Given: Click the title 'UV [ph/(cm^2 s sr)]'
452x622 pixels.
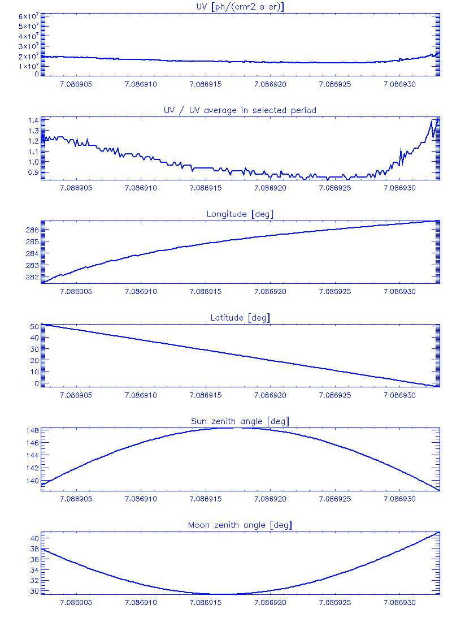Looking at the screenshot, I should [x=240, y=6].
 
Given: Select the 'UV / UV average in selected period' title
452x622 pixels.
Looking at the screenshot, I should [x=240, y=110].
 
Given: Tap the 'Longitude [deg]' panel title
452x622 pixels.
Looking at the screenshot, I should [x=240, y=214].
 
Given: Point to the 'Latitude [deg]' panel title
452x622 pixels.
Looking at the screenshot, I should [x=240, y=318].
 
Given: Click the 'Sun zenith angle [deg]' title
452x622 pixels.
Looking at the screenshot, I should [x=240, y=421].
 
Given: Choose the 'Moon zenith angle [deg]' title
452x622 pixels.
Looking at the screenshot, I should [x=240, y=525].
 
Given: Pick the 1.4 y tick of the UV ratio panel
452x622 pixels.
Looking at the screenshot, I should [x=32, y=120].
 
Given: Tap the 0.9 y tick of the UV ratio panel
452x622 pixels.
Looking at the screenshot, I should [x=32, y=172].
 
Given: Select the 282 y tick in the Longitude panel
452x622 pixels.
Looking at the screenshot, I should [x=32, y=277].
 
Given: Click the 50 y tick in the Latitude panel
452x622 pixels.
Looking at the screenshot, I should [x=34, y=327].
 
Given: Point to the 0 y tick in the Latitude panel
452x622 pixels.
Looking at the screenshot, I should [x=36, y=383].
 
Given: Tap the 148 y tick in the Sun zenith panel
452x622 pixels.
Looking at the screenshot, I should [x=32, y=430].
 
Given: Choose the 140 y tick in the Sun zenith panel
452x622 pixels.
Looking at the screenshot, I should [x=32, y=481].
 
